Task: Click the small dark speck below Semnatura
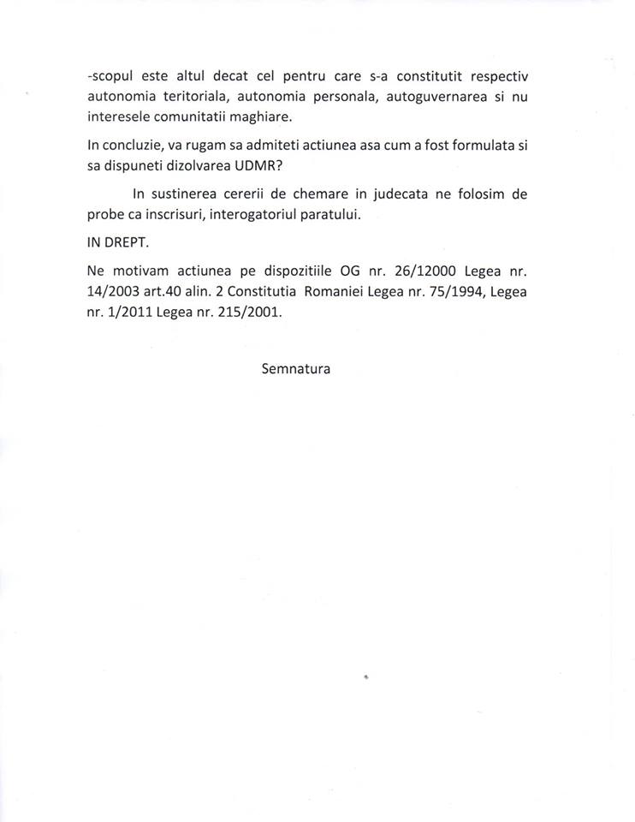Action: [365, 676]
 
